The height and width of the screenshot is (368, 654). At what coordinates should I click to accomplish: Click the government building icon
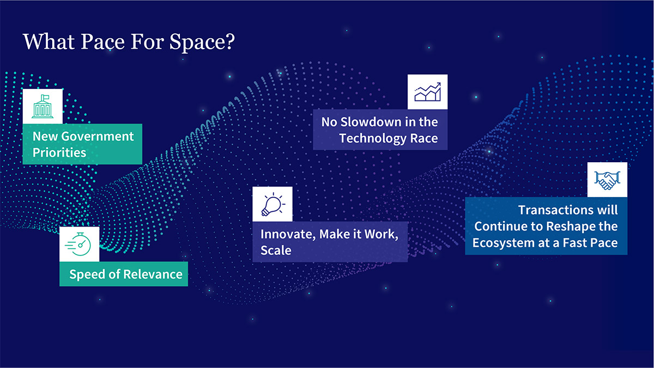click(43, 106)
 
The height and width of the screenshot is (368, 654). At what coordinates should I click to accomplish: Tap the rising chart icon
click(427, 92)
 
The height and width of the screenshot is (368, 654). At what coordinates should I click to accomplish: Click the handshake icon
click(607, 180)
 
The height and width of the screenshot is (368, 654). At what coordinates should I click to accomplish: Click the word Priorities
click(59, 152)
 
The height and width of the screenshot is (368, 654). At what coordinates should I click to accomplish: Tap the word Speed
click(87, 274)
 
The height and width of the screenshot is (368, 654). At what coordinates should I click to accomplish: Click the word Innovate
click(287, 234)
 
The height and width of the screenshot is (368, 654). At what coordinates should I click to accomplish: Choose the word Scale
click(276, 251)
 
